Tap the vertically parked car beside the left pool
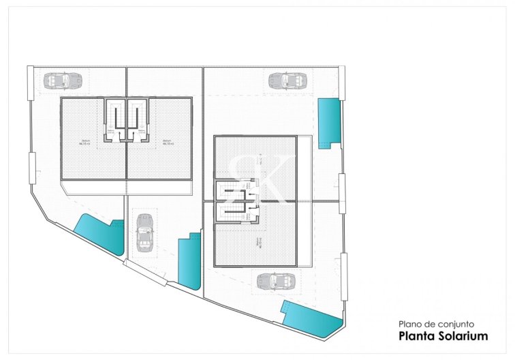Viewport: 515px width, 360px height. point(144,232)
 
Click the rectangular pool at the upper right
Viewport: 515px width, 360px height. point(329,120)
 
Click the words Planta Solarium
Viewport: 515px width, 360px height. point(443,335)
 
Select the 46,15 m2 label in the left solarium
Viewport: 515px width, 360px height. point(84,143)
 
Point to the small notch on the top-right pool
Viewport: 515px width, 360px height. point(325,143)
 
